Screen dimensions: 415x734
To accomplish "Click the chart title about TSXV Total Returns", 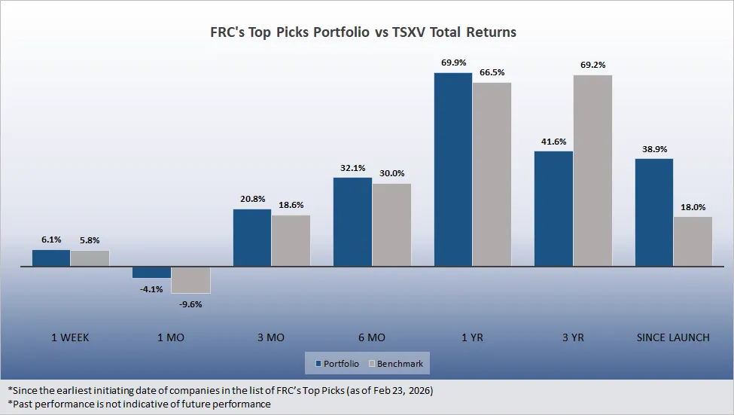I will point(363,33).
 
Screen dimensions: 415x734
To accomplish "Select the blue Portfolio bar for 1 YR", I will point(453,169).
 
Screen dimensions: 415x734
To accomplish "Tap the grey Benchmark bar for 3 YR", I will point(592,170).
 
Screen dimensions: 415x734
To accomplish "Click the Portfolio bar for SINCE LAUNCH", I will point(654,212).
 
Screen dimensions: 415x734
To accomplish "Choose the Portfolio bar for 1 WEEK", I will point(51,258).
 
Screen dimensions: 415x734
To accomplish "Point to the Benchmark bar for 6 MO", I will point(391,224).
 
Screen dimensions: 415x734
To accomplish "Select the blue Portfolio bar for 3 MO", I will point(252,237).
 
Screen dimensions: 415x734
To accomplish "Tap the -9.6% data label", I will point(190,304).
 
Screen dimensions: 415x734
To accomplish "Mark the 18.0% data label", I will point(693,207).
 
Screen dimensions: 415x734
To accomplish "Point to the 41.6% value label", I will point(553,141).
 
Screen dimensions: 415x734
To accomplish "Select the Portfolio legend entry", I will point(337,364).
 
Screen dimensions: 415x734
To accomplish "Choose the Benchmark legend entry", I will point(395,364).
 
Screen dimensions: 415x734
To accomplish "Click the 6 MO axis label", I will point(372,337).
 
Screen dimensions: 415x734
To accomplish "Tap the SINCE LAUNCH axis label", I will point(673,337).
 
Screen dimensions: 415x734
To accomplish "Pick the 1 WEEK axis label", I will point(70,337).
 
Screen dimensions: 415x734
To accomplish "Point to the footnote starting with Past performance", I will point(139,404).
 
